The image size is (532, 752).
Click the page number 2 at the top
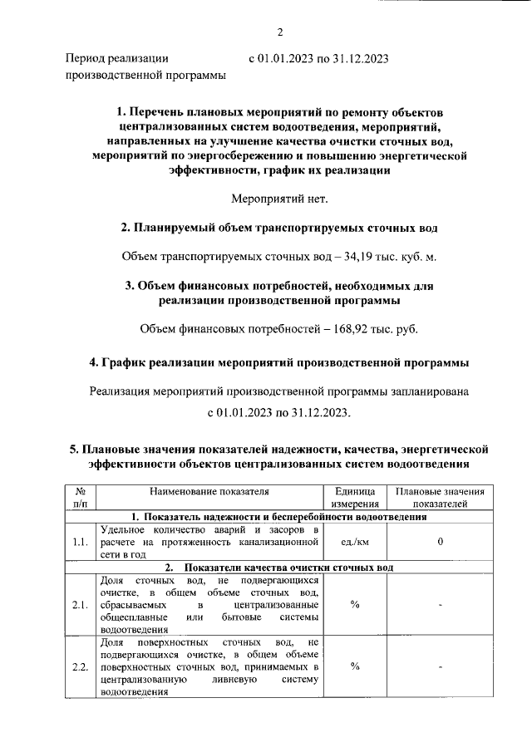[280, 32]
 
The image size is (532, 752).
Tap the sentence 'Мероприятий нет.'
[279, 198]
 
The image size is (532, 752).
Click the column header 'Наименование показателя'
[210, 492]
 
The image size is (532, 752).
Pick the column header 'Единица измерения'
[355, 497]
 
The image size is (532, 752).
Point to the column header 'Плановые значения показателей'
[440, 497]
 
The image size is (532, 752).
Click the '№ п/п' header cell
[81, 497]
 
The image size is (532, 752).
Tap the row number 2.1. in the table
[81, 604]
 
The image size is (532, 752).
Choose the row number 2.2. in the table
[81, 666]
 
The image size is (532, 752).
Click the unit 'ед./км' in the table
[355, 542]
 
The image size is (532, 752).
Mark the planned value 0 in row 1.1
[440, 542]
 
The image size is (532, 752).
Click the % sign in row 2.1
[355, 604]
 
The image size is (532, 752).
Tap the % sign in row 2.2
[355, 666]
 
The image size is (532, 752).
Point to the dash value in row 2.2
[440, 666]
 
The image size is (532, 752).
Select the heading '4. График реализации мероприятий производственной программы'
[278, 363]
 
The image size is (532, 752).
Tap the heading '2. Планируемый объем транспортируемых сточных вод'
[278, 228]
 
